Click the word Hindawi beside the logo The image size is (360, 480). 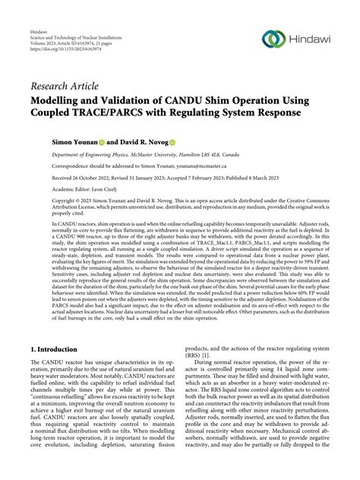pos(309,39)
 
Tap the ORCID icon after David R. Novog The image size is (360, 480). pos(194,142)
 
